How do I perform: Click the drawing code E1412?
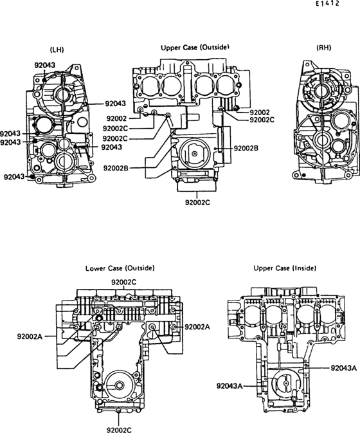(x=327, y=4)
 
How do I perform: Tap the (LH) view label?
(x=57, y=50)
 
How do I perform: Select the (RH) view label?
(x=323, y=48)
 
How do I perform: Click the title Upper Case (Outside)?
(x=195, y=47)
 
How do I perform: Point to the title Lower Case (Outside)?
(x=120, y=268)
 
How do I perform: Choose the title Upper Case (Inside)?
(x=285, y=268)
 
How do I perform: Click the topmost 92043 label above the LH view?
(x=45, y=65)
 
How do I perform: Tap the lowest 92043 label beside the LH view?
(x=14, y=177)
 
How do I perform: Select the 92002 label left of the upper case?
(x=116, y=119)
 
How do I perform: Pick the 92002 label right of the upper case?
(x=260, y=113)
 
